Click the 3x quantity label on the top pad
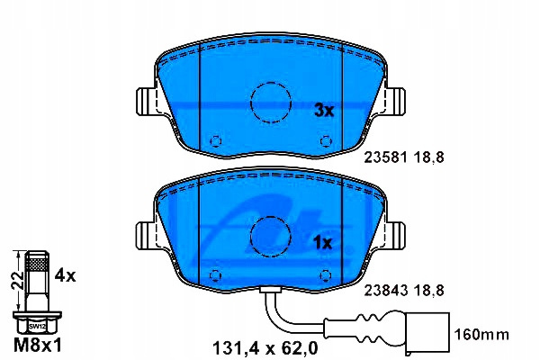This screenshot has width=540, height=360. [x=324, y=110]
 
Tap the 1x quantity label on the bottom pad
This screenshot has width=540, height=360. [x=323, y=243]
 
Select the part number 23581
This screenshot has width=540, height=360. [x=386, y=157]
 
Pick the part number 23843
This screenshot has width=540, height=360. [x=386, y=291]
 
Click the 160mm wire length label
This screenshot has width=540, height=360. [x=481, y=334]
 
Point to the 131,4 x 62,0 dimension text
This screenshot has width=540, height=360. [x=265, y=348]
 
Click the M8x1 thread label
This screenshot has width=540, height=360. [x=38, y=345]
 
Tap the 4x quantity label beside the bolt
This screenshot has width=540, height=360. [x=65, y=275]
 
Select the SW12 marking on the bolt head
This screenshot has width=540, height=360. [x=37, y=326]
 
